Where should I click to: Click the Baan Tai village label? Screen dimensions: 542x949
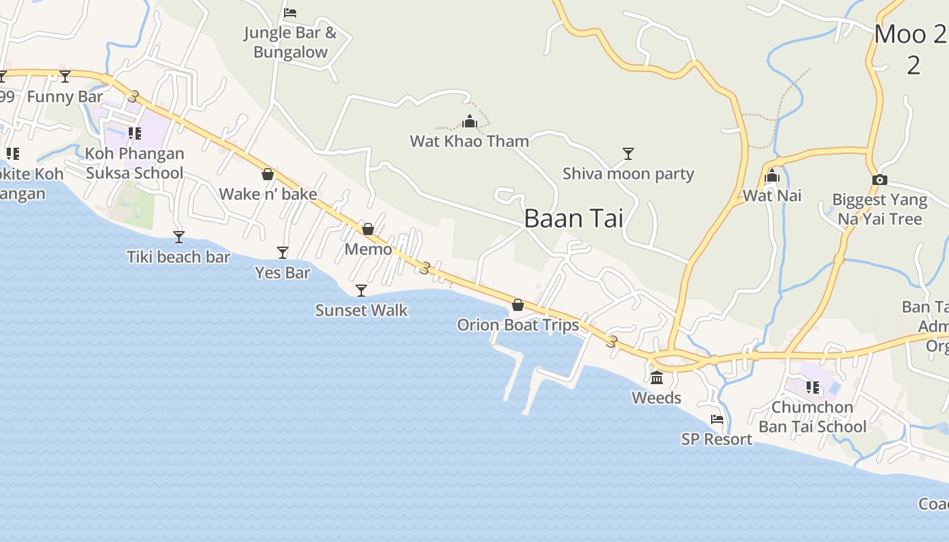[x=573, y=219]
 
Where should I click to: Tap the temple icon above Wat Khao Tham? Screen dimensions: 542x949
[x=469, y=122]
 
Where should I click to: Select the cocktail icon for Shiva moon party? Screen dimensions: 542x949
[x=628, y=154]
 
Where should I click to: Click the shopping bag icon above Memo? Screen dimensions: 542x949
[x=368, y=229]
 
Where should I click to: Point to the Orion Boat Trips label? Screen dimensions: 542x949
[x=518, y=325]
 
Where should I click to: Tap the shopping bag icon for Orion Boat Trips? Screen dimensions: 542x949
[x=518, y=306]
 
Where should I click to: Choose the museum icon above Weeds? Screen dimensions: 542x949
[x=656, y=377]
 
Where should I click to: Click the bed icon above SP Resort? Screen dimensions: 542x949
[x=716, y=419]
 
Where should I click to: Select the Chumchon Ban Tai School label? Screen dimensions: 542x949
[x=812, y=417]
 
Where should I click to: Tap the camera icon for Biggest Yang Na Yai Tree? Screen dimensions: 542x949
[x=879, y=180]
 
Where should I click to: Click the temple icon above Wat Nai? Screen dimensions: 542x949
[x=771, y=177]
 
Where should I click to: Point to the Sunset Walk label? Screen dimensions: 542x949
[x=361, y=310]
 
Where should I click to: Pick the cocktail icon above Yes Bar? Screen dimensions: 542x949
[x=283, y=253]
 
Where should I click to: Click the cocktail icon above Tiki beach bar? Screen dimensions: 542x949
[x=179, y=237]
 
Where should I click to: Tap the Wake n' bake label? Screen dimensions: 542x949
[x=268, y=194]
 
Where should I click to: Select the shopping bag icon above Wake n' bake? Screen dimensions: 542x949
[x=268, y=175]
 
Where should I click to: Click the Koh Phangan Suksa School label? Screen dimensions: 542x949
[x=134, y=163]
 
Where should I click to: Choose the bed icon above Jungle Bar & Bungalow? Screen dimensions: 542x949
[x=290, y=13]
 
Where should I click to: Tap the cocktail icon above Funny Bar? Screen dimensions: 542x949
[x=65, y=77]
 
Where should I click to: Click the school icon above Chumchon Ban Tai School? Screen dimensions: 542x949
[x=812, y=388]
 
